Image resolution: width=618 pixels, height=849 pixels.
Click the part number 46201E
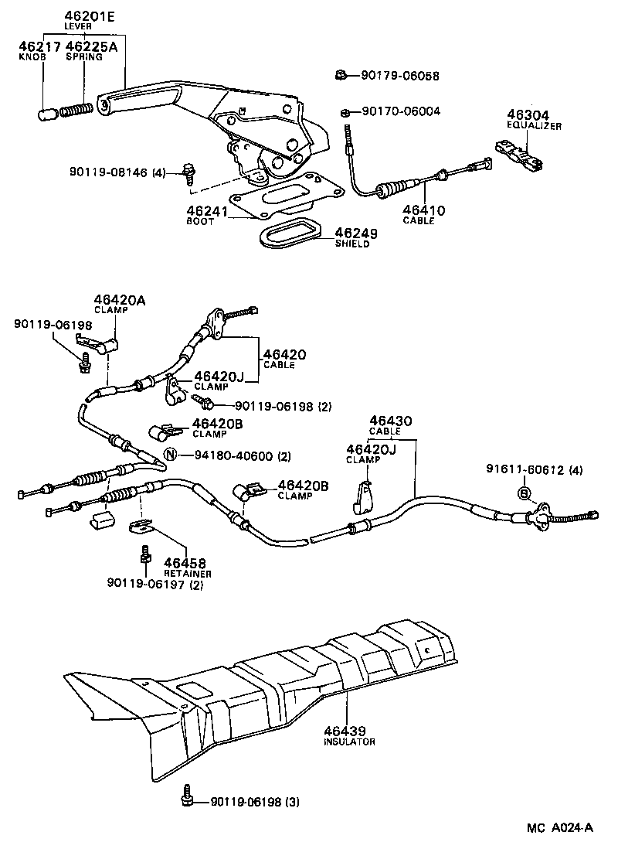84,15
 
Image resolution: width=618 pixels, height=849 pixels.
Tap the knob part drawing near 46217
46,114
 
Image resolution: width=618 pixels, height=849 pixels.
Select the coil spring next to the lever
76,109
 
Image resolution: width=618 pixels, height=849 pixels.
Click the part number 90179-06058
399,76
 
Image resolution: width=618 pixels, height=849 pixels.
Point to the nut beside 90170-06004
348,112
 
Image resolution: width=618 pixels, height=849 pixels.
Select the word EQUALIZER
534,125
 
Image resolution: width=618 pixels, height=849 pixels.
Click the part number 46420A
120,300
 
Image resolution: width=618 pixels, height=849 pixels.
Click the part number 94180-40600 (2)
237,455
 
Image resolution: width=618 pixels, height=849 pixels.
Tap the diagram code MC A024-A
560,828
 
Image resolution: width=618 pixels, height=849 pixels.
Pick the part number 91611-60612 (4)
534,469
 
